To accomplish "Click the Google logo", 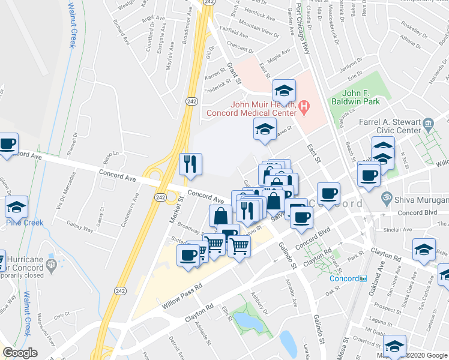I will [20, 353].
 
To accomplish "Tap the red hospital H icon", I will [304, 108].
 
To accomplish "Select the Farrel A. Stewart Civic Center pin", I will [427, 124].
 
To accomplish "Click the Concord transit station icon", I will [363, 278].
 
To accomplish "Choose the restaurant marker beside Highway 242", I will [190, 165].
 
